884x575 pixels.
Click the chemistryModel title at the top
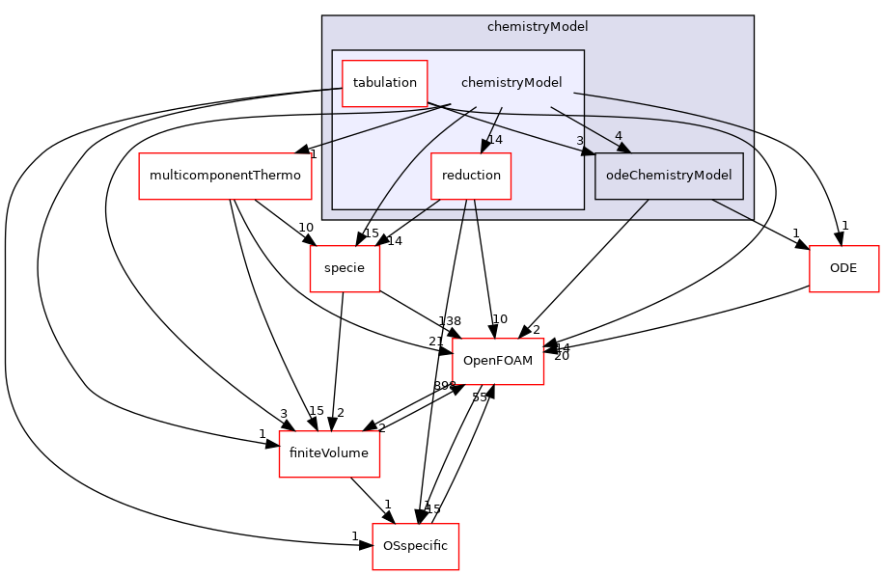[537, 27]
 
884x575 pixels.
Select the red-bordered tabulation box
[384, 83]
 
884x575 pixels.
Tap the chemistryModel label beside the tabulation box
[511, 83]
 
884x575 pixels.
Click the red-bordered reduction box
[471, 176]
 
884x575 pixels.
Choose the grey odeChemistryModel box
[669, 176]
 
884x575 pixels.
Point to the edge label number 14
[495, 140]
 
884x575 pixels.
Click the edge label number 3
[580, 141]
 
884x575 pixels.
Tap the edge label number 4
[618, 136]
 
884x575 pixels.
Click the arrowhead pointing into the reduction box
[486, 146]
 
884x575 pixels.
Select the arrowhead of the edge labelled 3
[588, 151]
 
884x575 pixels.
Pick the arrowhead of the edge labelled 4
[622, 148]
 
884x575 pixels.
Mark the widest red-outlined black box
[225, 177]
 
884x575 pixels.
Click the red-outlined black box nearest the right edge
[843, 269]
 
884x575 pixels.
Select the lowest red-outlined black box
[415, 547]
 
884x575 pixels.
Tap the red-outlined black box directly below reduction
[498, 362]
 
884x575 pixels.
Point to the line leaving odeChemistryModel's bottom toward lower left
[638, 209]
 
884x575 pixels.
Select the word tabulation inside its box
[384, 83]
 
